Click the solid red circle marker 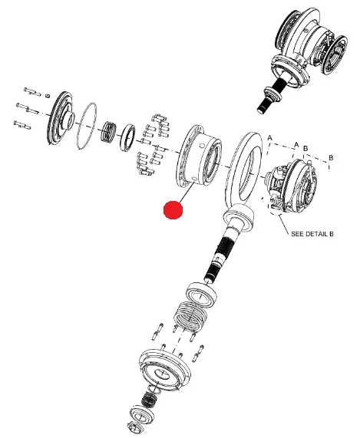(x=173, y=209)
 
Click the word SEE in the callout (x=296, y=234)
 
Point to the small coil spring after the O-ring (x=108, y=131)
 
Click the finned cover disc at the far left (x=61, y=118)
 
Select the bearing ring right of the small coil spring (x=127, y=137)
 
